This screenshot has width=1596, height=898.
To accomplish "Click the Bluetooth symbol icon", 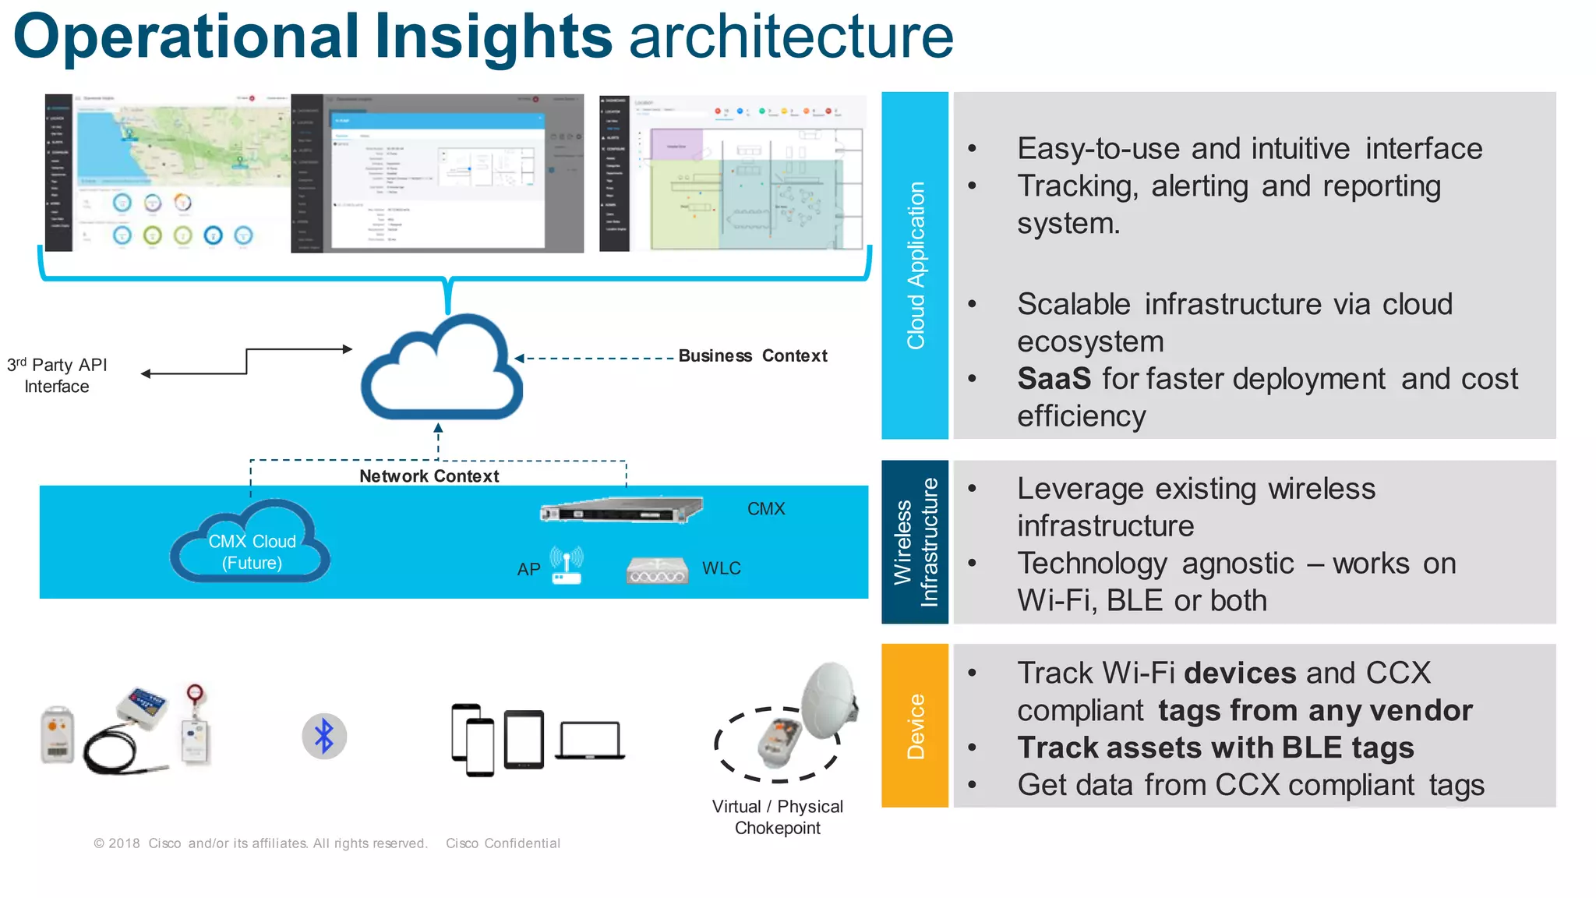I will [324, 736].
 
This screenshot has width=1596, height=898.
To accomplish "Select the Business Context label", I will [752, 356].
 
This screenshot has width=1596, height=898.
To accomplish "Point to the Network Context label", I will [429, 476].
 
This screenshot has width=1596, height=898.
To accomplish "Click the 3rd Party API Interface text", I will [57, 376].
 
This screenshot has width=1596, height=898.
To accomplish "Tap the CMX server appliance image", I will [621, 510].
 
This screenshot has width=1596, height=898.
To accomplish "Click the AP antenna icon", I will [567, 565].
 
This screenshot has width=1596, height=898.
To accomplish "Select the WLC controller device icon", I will [657, 571].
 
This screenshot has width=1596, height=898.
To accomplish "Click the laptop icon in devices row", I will [590, 741].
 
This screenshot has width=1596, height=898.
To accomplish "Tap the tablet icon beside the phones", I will [524, 739].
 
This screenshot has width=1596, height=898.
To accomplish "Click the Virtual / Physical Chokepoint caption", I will [777, 817].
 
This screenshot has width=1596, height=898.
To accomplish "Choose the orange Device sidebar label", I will [915, 726].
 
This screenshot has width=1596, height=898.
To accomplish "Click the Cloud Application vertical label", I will [915, 265].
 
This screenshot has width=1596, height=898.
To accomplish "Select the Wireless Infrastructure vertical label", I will [915, 543].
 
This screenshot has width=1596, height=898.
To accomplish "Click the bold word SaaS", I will [1054, 379].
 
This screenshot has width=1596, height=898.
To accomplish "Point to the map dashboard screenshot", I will [167, 172].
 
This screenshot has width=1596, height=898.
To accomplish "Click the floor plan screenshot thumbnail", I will [733, 172].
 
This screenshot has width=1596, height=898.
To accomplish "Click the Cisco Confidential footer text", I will [503, 843].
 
